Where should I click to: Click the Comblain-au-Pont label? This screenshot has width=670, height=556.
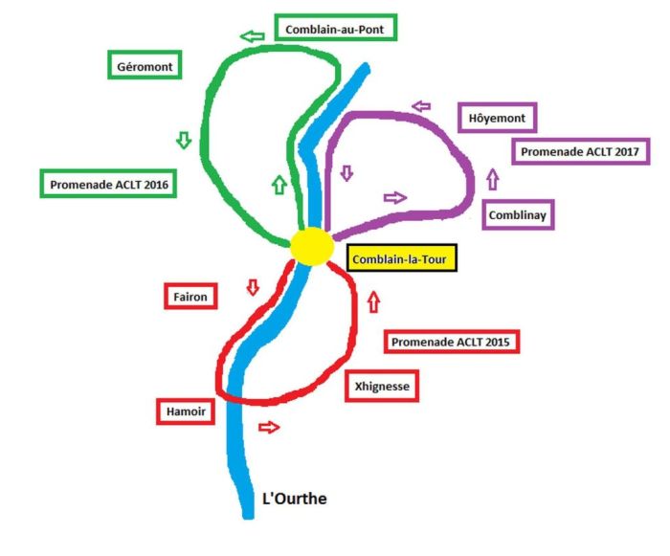click(x=334, y=30)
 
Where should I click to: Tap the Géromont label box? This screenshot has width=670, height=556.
click(x=145, y=66)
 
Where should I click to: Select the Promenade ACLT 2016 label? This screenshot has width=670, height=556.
click(x=108, y=184)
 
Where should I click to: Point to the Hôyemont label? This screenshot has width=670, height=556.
click(x=497, y=118)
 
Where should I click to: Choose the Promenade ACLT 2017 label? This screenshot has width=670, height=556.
click(x=581, y=150)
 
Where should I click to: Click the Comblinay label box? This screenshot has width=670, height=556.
click(x=518, y=214)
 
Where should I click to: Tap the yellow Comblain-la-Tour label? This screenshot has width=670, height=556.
click(x=402, y=258)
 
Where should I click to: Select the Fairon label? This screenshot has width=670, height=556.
click(x=190, y=296)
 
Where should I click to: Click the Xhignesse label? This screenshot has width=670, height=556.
click(x=382, y=386)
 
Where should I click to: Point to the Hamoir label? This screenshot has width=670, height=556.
click(x=183, y=411)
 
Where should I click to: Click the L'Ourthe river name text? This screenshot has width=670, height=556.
click(x=301, y=499)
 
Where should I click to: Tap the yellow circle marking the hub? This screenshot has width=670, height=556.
click(x=310, y=246)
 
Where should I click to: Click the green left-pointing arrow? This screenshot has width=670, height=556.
click(x=253, y=36)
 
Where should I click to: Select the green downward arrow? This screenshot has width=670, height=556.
click(x=184, y=140)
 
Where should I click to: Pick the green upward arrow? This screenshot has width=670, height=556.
click(x=279, y=183)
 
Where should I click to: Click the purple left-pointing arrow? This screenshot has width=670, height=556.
click(x=421, y=106)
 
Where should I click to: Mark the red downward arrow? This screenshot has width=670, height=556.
click(x=254, y=286)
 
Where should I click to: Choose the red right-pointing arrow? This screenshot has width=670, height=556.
click(x=271, y=427)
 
